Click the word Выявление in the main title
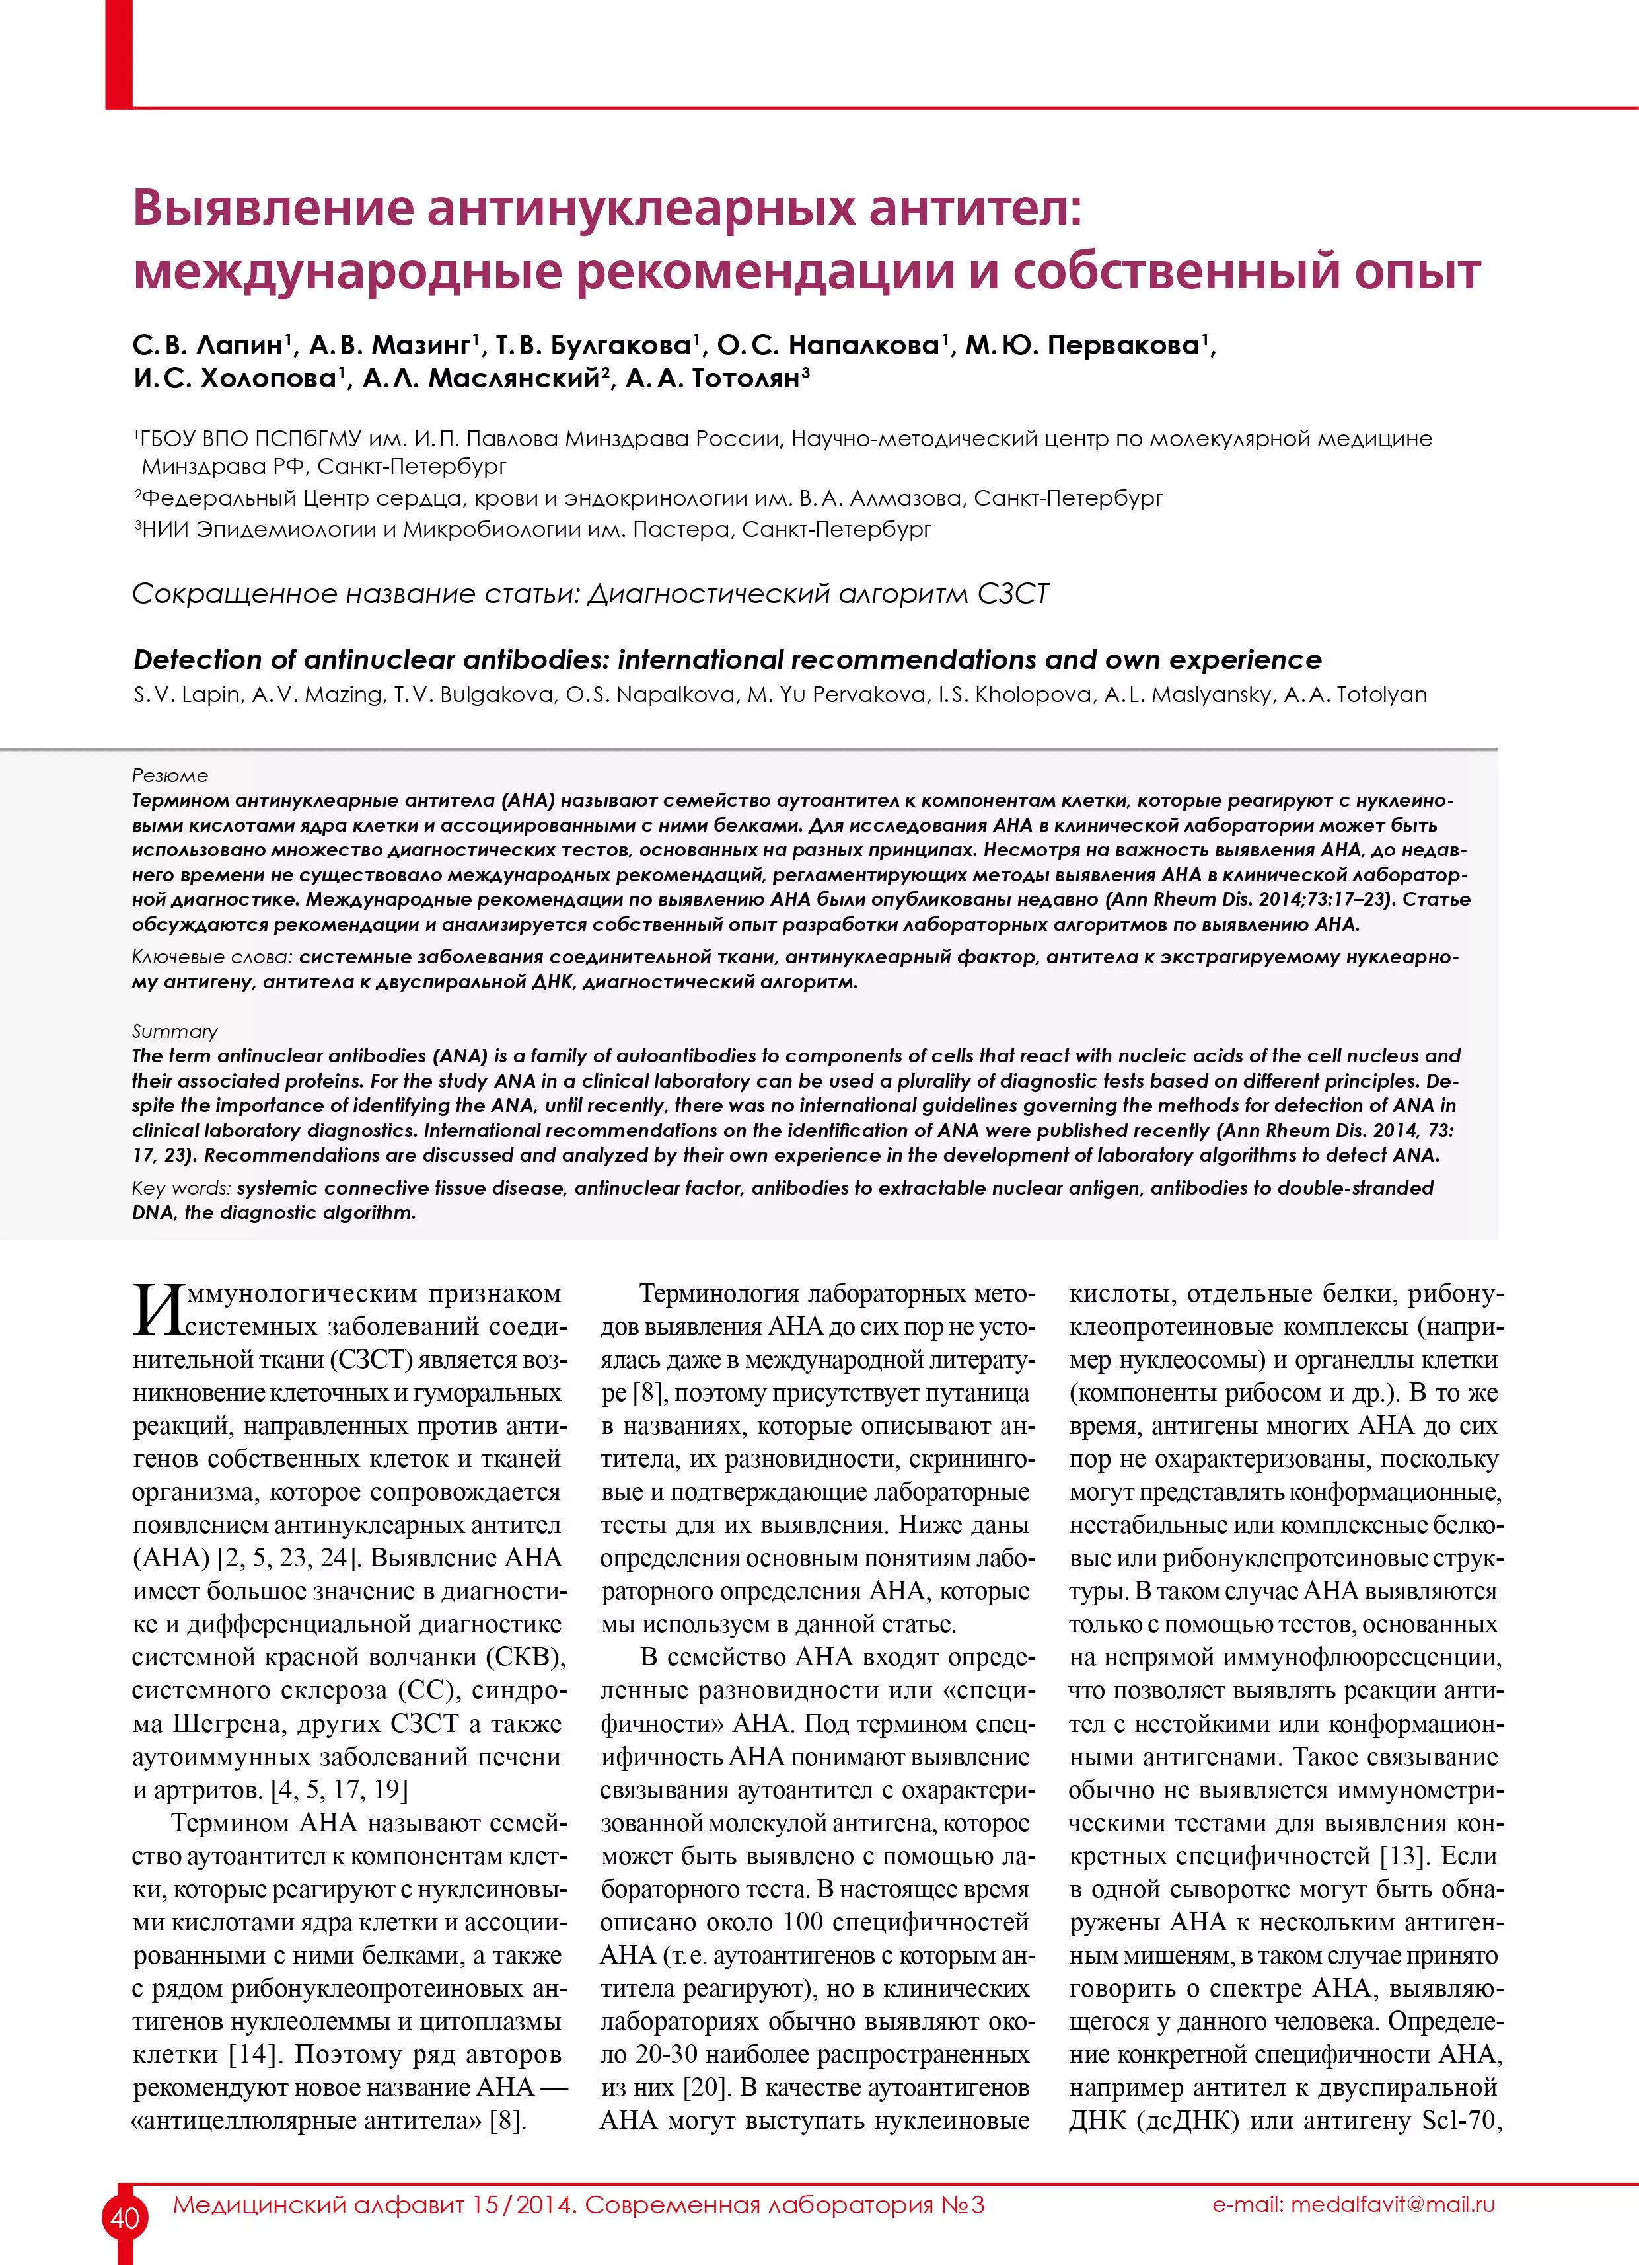coord(272,208)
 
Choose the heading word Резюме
coord(170,775)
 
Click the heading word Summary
coord(174,1031)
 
